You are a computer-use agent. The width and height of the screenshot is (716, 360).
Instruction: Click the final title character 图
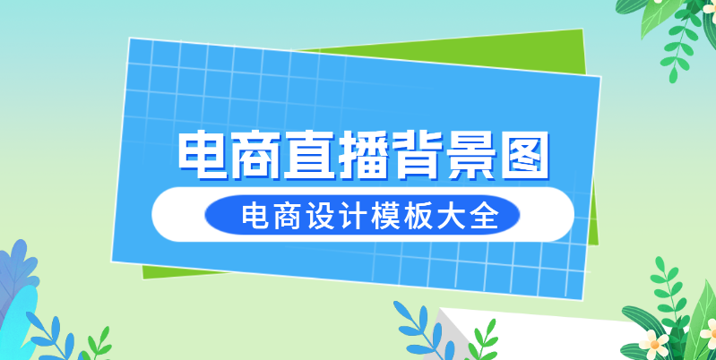[522, 155]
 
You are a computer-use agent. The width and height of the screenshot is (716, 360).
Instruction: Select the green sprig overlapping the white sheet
[483, 340]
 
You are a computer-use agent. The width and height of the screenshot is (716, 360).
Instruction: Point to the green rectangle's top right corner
[582, 30]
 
